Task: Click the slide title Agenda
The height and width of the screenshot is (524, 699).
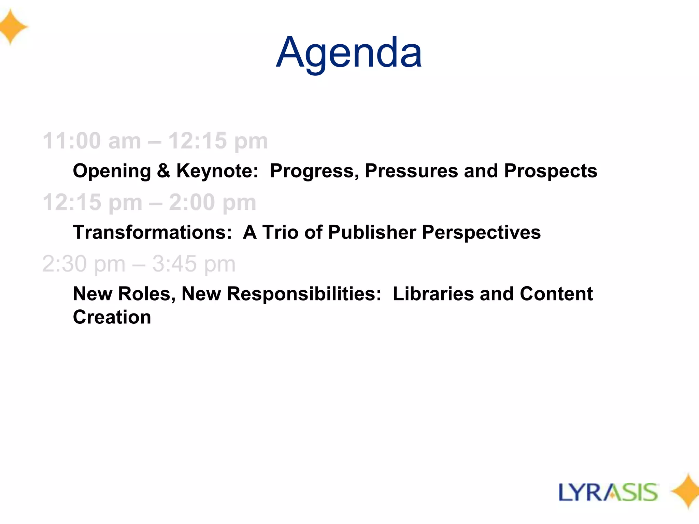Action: (349, 53)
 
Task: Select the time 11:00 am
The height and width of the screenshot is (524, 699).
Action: (91, 141)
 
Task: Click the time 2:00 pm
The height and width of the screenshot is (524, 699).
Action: (212, 202)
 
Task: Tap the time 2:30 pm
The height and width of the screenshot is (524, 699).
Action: (84, 264)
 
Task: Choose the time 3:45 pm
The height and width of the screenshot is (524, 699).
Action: (194, 264)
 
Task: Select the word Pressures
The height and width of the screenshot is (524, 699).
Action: (411, 171)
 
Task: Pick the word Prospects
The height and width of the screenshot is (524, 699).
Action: (551, 171)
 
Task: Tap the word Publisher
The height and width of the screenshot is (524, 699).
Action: (372, 232)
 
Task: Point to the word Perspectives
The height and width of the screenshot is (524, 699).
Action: (481, 232)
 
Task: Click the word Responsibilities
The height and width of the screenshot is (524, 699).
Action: (304, 294)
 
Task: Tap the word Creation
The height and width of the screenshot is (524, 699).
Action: (112, 317)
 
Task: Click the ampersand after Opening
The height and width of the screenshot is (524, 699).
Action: (163, 171)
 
